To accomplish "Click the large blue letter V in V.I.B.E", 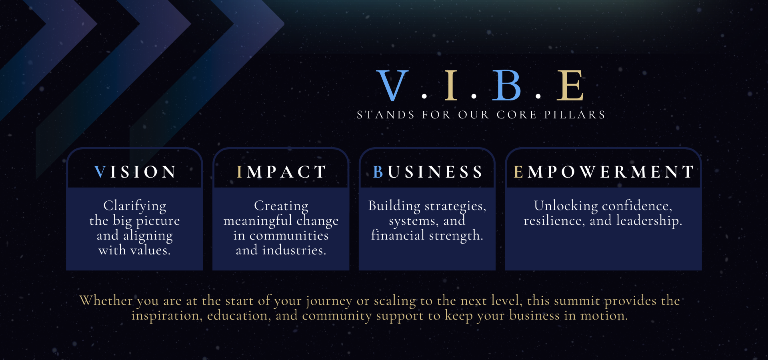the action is [392, 85].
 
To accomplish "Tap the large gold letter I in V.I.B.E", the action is [451, 85].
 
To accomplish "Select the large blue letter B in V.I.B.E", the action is [507, 85].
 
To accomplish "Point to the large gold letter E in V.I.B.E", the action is [570, 85].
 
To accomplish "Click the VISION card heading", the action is [135, 172].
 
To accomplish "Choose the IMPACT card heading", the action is [281, 172].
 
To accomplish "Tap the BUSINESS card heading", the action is [428, 172].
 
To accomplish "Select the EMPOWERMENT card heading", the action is [604, 172].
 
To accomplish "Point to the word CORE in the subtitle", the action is [516, 115].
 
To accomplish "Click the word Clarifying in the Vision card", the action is [135, 206].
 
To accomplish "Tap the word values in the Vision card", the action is [149, 250].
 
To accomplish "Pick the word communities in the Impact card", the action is [289, 236].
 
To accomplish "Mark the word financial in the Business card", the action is [398, 235].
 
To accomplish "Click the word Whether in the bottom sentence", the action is [106, 300].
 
